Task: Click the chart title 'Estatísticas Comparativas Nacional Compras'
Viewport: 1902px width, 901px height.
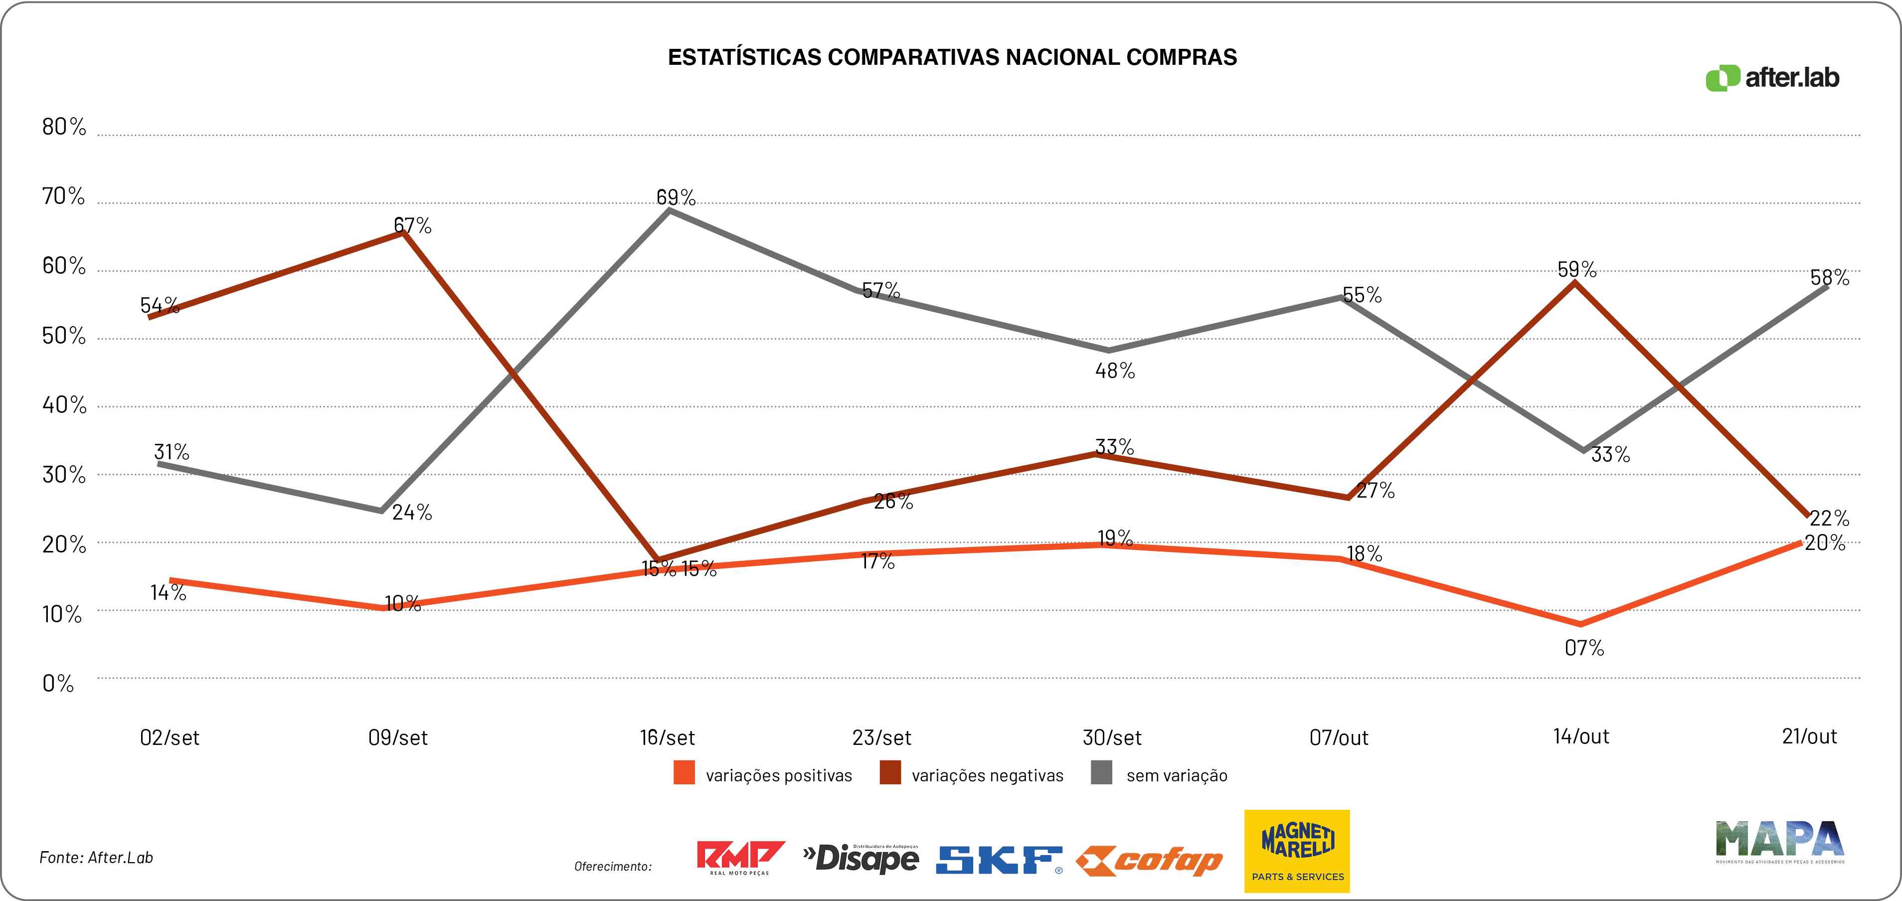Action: click(x=952, y=58)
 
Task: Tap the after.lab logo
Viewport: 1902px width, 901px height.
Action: click(x=1772, y=78)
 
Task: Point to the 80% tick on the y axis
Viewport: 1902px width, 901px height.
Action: click(x=63, y=127)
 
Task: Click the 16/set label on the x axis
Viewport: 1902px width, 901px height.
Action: click(x=667, y=737)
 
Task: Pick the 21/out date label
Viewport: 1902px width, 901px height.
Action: click(x=1809, y=736)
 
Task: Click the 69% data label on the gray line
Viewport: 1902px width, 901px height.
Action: click(x=676, y=197)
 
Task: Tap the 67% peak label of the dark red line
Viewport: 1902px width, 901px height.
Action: click(x=412, y=225)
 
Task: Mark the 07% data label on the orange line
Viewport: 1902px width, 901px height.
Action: click(x=1584, y=648)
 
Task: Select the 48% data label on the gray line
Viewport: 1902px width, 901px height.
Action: click(x=1115, y=371)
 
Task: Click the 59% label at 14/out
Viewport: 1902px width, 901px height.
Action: click(x=1576, y=270)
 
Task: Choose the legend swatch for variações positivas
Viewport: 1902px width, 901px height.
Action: click(x=684, y=773)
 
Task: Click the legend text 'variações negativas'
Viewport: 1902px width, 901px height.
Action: click(x=987, y=775)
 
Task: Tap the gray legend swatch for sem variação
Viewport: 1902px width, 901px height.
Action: click(x=1101, y=773)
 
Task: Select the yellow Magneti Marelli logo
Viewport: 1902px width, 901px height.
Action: click(x=1297, y=851)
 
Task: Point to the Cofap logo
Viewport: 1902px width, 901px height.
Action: click(x=1149, y=861)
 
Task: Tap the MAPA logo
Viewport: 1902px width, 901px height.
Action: click(x=1779, y=841)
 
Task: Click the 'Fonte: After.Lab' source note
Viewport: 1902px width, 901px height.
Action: click(x=96, y=858)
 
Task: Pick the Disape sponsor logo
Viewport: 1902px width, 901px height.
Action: click(x=861, y=858)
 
